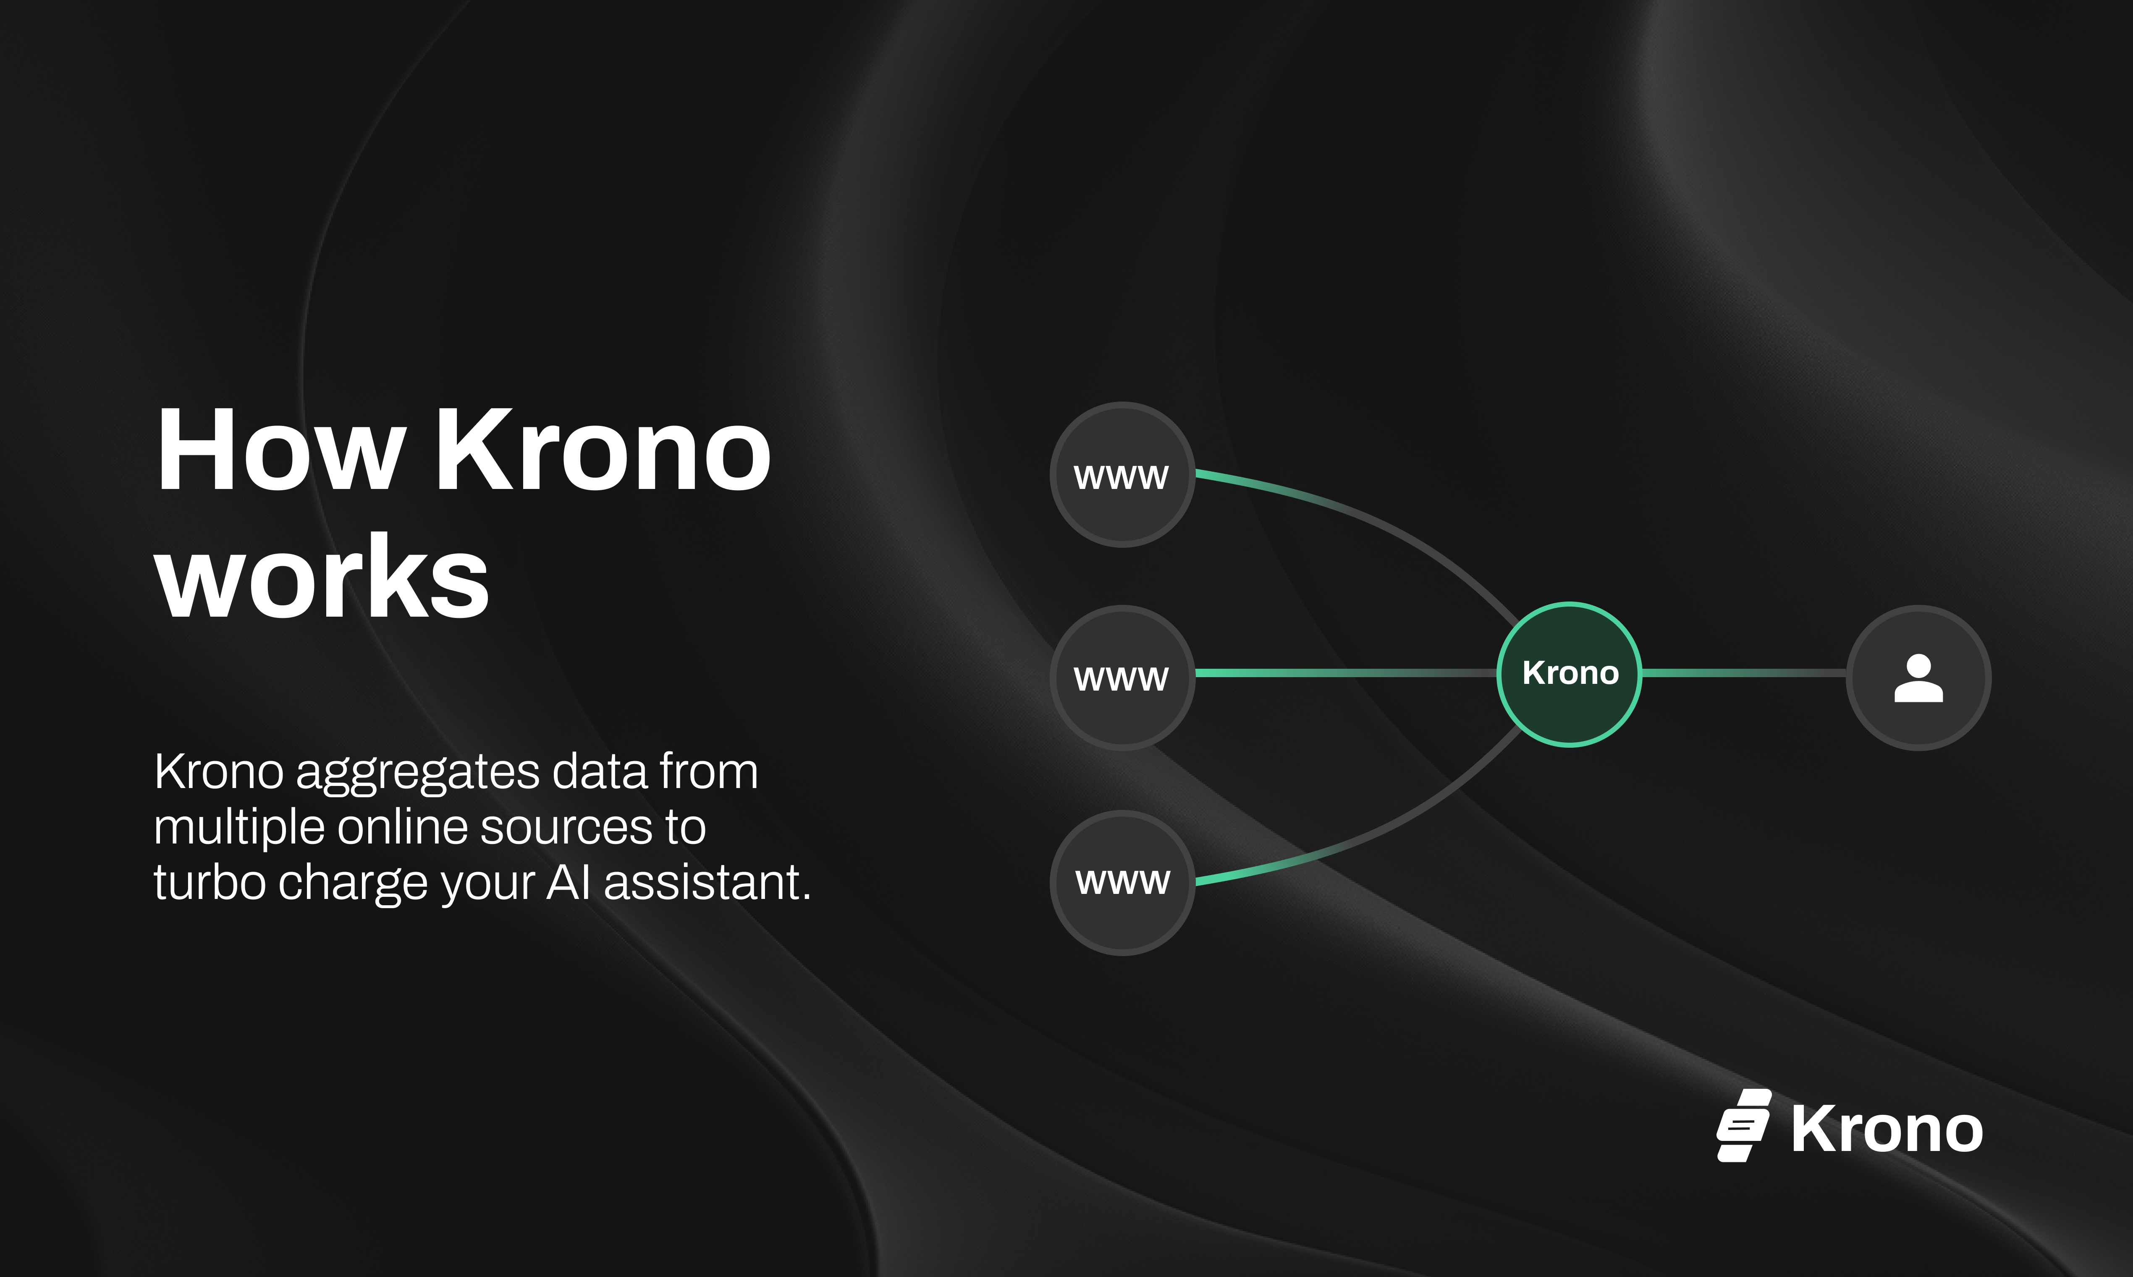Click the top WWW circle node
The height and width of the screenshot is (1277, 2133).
tap(1122, 475)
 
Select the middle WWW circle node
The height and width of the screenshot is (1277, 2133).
tap(1122, 677)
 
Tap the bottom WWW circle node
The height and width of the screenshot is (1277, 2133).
tap(1122, 882)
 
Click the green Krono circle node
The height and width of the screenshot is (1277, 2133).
tap(1570, 674)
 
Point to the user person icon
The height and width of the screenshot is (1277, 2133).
tap(1919, 678)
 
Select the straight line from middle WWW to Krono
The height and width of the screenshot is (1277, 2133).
tap(1346, 673)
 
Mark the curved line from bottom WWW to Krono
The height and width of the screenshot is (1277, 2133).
tap(1376, 826)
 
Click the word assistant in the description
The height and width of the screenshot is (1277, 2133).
tap(707, 883)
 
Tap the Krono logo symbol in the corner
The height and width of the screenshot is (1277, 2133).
tap(1743, 1125)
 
